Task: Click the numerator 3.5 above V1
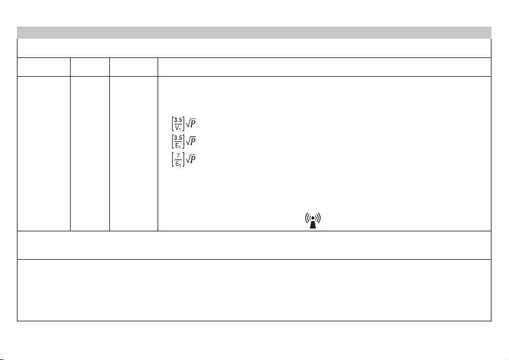point(178,120)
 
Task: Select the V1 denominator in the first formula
point(178,127)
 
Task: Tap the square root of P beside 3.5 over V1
point(191,123)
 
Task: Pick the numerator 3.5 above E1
point(178,138)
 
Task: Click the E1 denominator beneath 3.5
point(178,145)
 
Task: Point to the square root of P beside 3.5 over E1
point(191,141)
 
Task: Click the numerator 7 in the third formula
point(178,156)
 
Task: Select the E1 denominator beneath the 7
point(178,163)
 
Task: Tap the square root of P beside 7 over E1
point(191,159)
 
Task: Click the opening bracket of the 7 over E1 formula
point(173,159)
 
